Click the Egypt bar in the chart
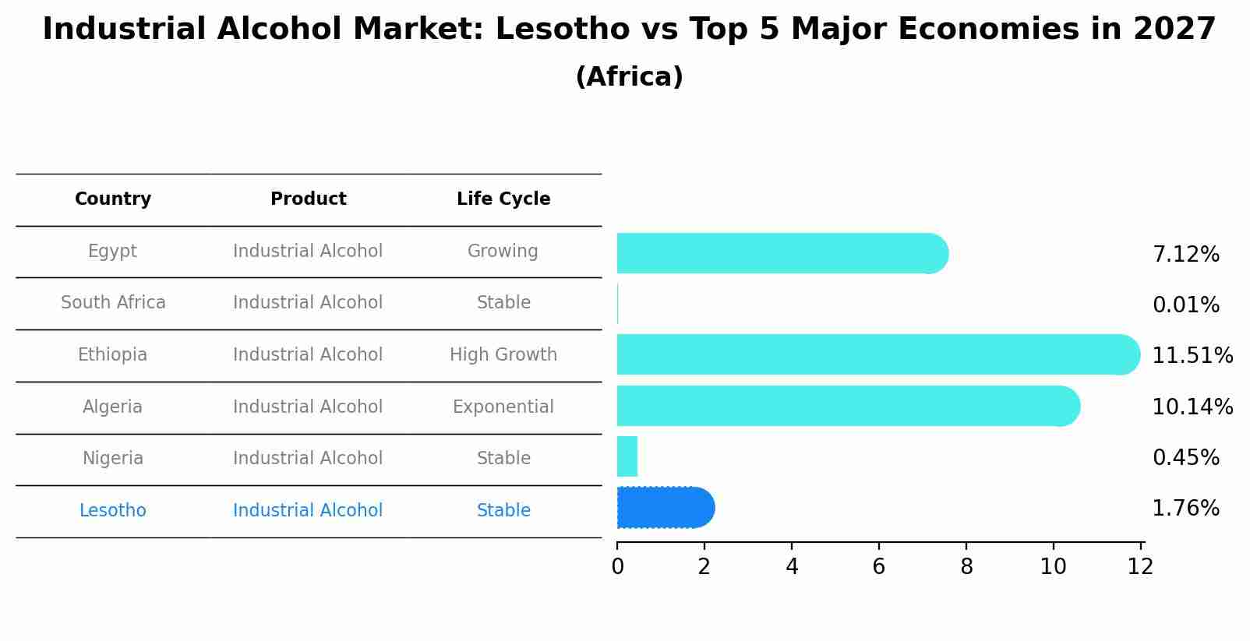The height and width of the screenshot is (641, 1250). pos(779,253)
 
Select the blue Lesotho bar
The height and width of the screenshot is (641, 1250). pos(664,508)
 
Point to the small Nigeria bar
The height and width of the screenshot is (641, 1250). pos(627,456)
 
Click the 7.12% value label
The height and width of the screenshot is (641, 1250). pos(1185,255)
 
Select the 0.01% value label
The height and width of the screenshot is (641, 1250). pos(1185,305)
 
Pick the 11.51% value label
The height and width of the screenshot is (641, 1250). pos(1192,356)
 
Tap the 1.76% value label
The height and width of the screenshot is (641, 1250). pos(1185,509)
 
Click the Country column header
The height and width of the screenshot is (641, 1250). pos(113,199)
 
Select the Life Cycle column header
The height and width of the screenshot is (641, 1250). pos(503,199)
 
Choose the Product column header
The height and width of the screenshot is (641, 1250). pos(308,199)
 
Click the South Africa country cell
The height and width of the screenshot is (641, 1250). pos(113,303)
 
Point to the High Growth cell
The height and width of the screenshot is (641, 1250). pos(503,355)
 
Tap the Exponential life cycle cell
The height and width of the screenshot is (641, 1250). pos(503,407)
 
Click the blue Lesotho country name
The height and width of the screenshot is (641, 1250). pos(113,511)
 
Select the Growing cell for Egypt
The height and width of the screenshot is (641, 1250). pos(503,252)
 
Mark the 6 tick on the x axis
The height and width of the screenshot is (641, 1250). pos(879,567)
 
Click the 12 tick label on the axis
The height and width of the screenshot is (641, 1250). pos(1140,567)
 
